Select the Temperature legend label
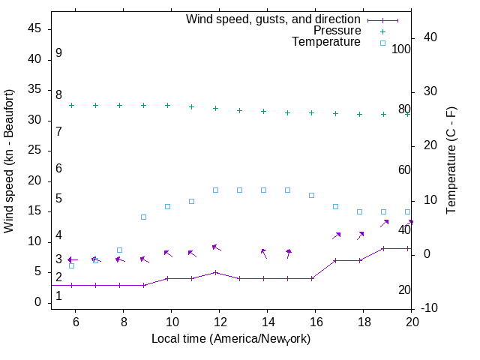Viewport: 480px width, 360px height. pos(326,42)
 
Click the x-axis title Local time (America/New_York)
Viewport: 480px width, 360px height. pos(231,339)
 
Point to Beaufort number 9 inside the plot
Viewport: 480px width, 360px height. pos(58,53)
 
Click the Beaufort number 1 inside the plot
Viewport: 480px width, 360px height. pos(58,296)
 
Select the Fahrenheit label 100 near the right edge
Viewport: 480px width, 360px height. pos(402,49)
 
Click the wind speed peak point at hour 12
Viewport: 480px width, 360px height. pos(215,272)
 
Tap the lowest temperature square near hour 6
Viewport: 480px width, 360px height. pos(72,265)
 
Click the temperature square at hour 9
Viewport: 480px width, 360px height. pos(143,217)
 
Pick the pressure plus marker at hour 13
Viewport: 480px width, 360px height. pos(239,110)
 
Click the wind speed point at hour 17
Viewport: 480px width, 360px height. pos(335,260)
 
